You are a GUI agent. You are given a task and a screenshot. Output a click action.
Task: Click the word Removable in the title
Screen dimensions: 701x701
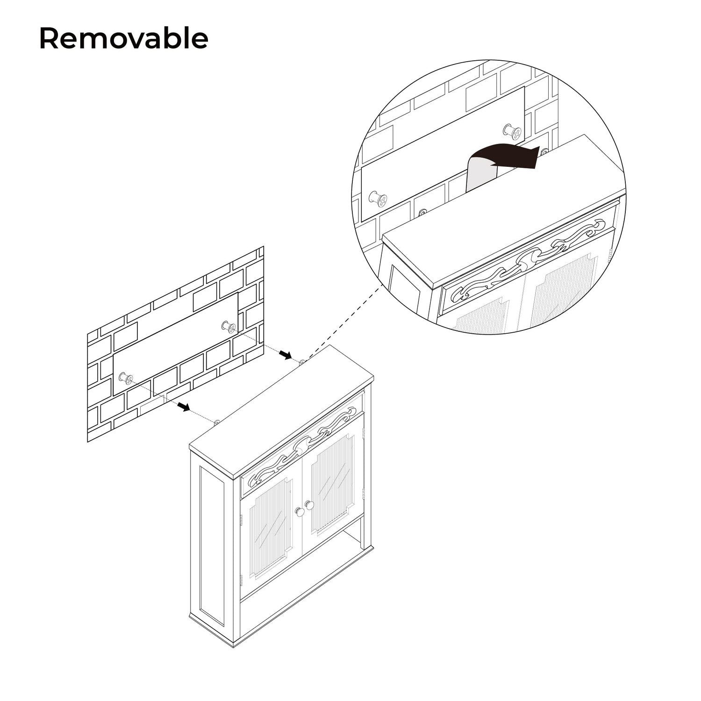pyautogui.click(x=123, y=38)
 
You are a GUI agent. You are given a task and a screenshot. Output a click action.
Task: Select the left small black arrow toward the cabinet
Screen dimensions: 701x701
pyautogui.click(x=185, y=407)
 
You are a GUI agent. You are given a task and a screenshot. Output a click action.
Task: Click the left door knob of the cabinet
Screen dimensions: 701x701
pyautogui.click(x=299, y=512)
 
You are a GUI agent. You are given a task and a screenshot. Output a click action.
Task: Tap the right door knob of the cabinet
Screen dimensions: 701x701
pyautogui.click(x=309, y=505)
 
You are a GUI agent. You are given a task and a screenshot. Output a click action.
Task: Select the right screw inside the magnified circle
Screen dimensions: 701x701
pyautogui.click(x=513, y=132)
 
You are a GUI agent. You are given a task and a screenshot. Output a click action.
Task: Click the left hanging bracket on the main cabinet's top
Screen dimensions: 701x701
pyautogui.click(x=216, y=422)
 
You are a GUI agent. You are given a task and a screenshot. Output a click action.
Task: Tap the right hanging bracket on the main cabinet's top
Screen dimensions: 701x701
pyautogui.click(x=302, y=362)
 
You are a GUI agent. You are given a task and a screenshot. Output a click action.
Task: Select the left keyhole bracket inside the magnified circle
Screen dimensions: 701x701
pyautogui.click(x=422, y=212)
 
